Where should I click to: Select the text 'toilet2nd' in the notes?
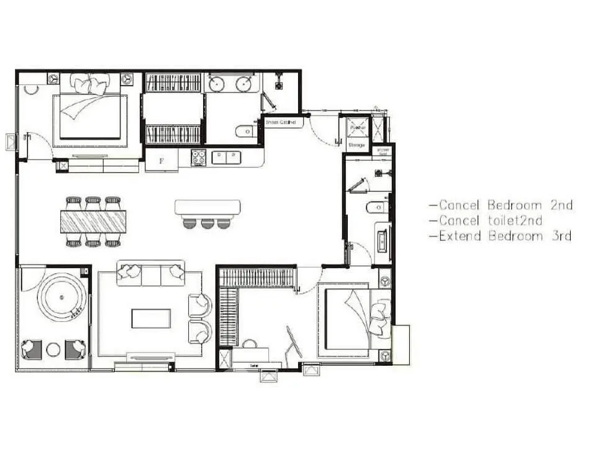513,220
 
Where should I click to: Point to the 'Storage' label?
357,145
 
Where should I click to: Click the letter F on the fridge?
161,161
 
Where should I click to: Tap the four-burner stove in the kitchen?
198,158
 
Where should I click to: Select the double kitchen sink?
227,157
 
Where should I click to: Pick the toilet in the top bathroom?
245,131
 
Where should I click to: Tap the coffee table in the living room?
151,319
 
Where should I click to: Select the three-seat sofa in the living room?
151,273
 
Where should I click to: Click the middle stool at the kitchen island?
207,222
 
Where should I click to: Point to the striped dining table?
93,221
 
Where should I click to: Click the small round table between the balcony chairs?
53,349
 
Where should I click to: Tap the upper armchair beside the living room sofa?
201,305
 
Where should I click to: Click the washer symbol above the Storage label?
357,126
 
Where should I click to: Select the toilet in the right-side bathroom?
377,207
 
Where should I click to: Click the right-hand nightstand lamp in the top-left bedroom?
127,79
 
